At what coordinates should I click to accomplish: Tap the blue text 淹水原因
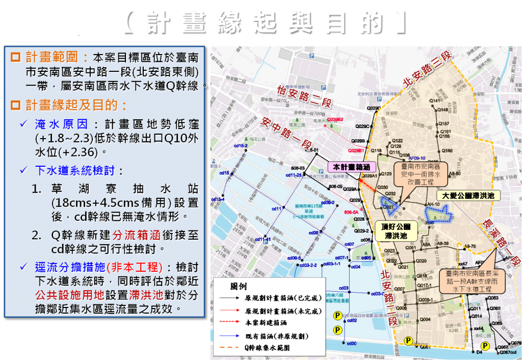point(64,124)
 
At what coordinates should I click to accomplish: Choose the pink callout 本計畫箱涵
point(351,167)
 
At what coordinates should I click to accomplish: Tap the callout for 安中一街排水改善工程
point(419,174)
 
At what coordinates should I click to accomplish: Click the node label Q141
point(435,101)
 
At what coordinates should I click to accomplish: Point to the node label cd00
point(351,343)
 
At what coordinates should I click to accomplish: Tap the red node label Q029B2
point(335,119)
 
